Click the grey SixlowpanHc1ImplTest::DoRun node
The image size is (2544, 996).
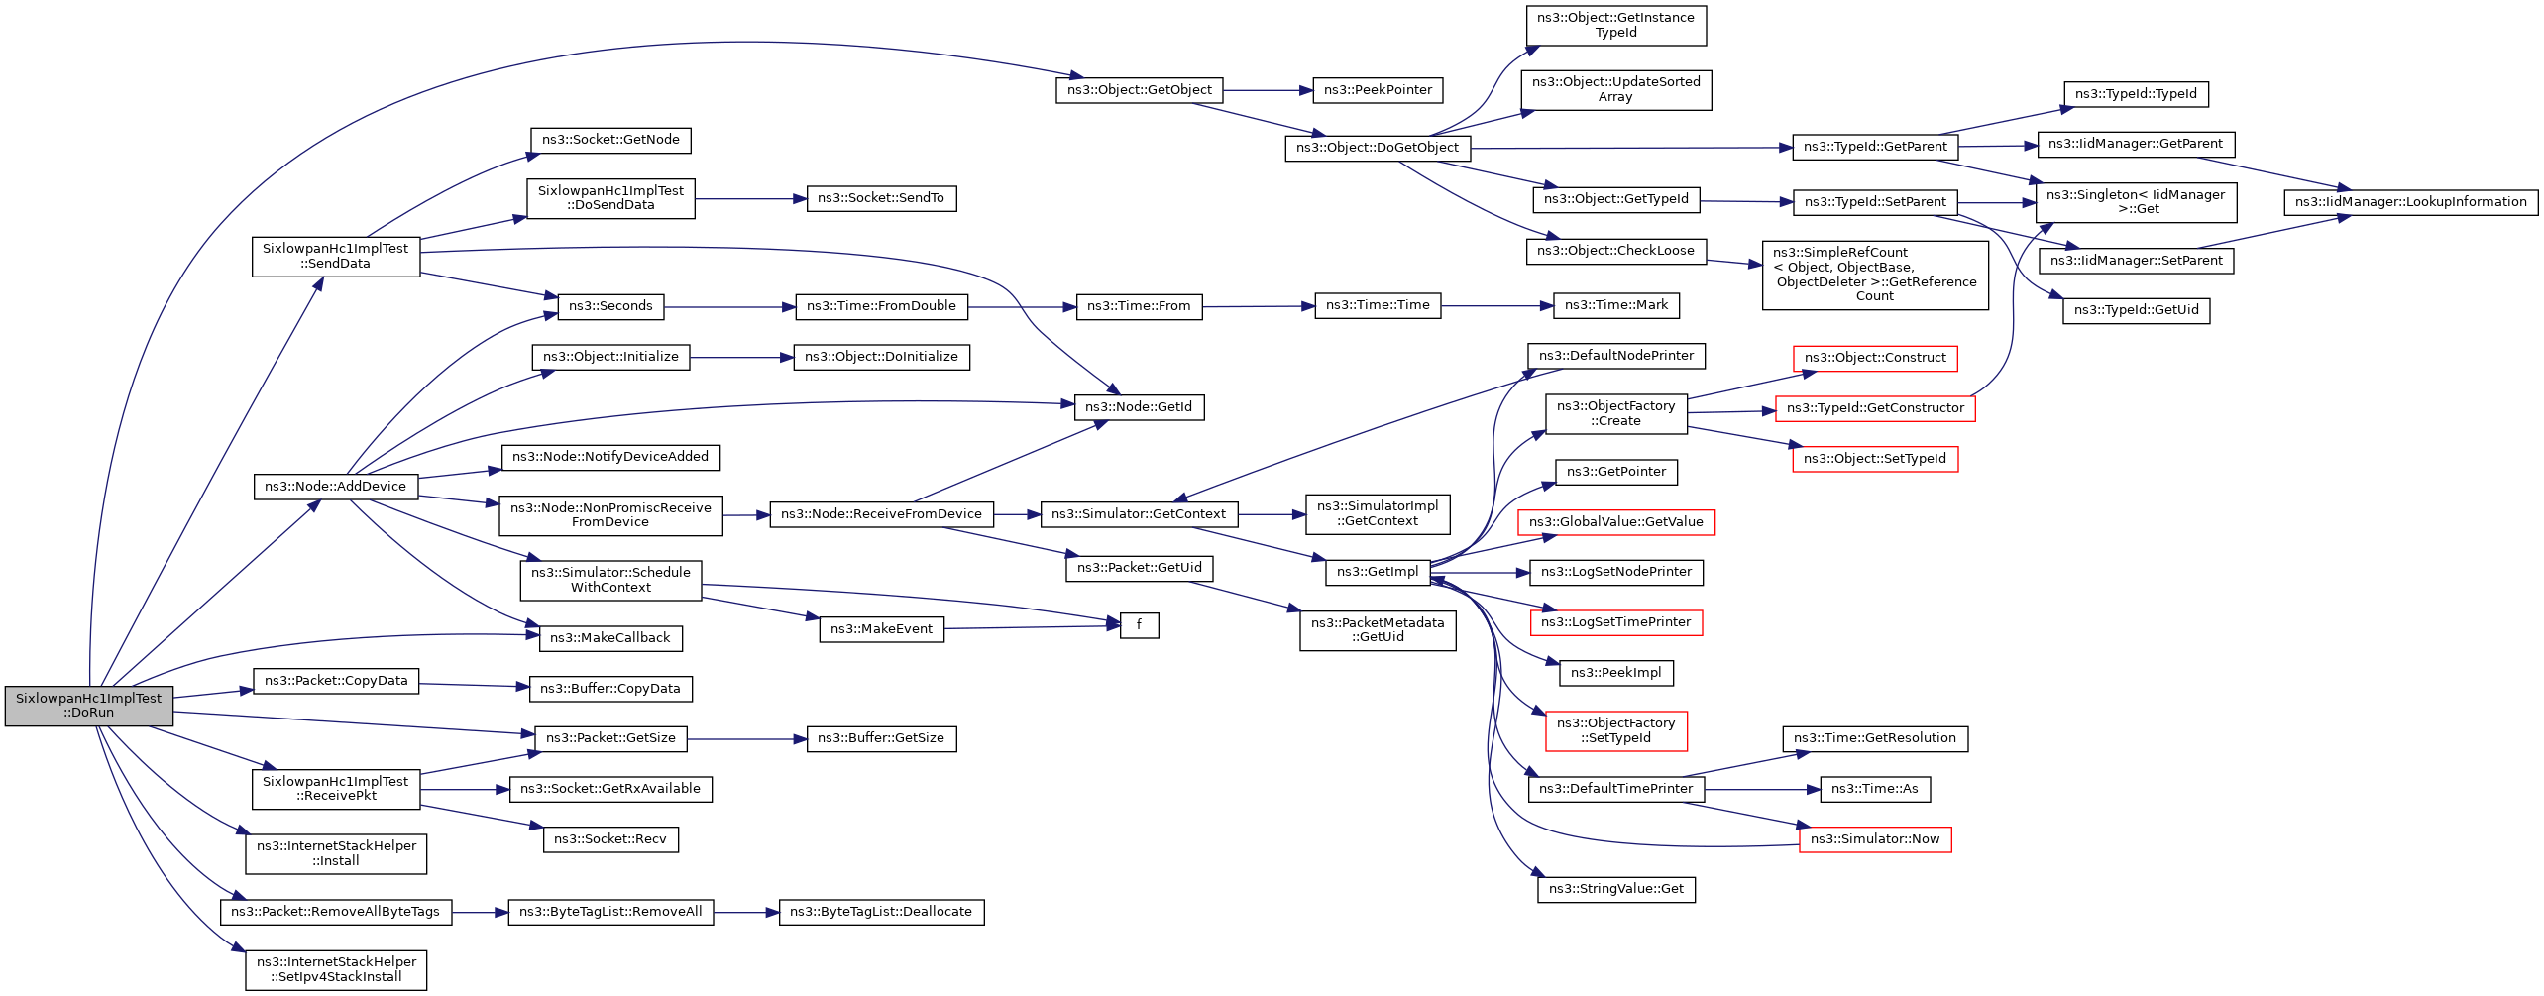click(x=89, y=706)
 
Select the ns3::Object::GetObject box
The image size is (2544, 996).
click(x=1139, y=90)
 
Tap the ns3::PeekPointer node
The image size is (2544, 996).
click(x=1378, y=90)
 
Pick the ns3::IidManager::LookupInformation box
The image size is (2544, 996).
click(x=2410, y=202)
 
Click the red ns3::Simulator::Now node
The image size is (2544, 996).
click(x=1874, y=839)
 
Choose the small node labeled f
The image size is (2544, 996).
click(x=1139, y=625)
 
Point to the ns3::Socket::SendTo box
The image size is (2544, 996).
click(x=880, y=198)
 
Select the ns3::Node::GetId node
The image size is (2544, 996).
click(x=1139, y=407)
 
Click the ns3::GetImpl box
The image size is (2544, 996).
click(x=1378, y=572)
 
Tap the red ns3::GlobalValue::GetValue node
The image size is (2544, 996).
click(x=1615, y=522)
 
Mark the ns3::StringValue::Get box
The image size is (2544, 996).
click(x=1615, y=889)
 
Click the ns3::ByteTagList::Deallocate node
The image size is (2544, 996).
click(x=880, y=912)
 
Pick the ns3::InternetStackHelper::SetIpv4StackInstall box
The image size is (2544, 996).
click(x=336, y=969)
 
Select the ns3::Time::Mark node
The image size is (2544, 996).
click(x=1615, y=305)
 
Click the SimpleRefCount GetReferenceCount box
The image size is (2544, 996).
click(x=1874, y=275)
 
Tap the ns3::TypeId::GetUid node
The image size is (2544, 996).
click(x=2136, y=310)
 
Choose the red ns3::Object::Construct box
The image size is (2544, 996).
click(x=1874, y=358)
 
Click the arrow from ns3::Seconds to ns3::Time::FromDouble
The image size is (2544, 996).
click(x=729, y=307)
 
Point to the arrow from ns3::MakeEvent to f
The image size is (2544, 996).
click(x=1031, y=627)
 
